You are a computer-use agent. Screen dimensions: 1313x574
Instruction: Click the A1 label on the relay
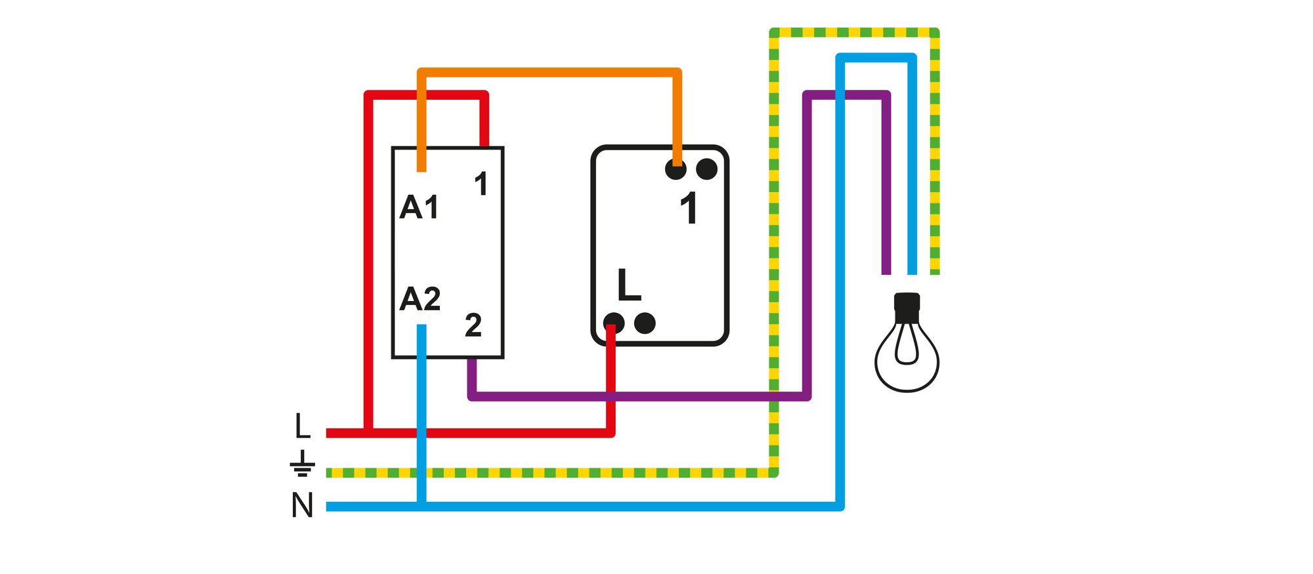pos(419,207)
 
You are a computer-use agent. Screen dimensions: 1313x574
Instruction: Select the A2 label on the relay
pos(420,299)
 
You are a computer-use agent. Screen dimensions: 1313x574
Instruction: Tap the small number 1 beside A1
pos(481,184)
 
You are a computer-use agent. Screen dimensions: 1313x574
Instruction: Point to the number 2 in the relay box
pos(473,325)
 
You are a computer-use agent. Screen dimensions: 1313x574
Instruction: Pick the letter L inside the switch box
pos(629,285)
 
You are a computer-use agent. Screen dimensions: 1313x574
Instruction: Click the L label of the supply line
pos(302,426)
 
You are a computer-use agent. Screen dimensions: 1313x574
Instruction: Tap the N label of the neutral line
pos(302,506)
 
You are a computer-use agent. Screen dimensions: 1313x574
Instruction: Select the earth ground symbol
pos(302,463)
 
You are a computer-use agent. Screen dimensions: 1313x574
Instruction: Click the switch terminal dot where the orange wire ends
pos(676,169)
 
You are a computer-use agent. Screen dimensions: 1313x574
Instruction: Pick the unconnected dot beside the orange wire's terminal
pos(706,169)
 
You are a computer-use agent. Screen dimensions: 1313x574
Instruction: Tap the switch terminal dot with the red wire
pos(613,323)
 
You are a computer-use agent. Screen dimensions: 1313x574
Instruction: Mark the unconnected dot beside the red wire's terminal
pos(645,323)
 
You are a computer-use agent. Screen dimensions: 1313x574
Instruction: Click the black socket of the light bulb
pos(907,307)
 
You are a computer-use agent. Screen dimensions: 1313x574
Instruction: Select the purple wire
pos(807,245)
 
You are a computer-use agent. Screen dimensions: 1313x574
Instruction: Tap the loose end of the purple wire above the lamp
pos(886,273)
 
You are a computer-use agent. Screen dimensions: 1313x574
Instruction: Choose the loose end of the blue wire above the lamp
pos(912,273)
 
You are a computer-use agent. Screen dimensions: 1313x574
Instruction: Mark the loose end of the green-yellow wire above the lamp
pos(935,273)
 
